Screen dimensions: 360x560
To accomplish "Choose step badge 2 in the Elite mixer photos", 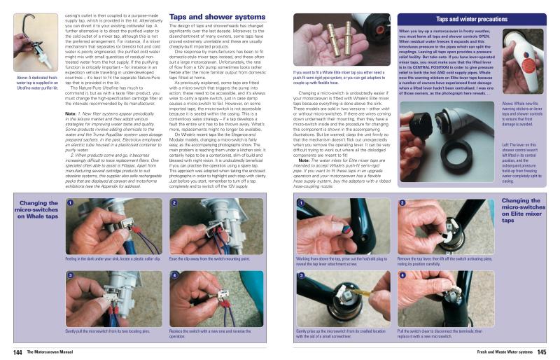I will [402, 203].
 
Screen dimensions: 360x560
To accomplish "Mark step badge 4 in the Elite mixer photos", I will [402, 275].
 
